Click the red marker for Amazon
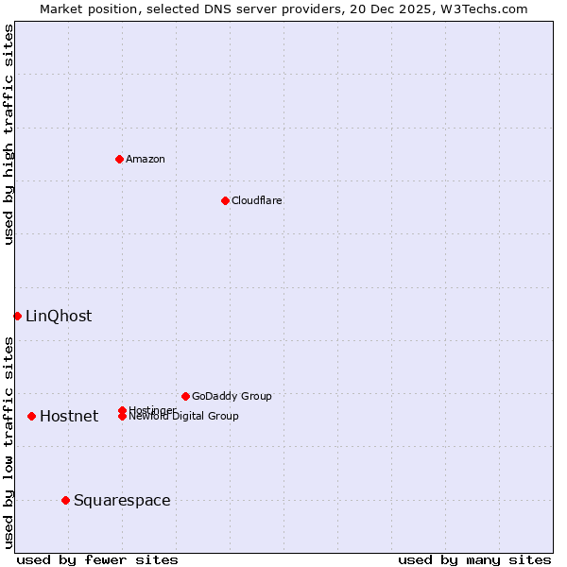pos(119,159)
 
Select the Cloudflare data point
pos(225,200)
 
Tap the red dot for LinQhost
pos(17,316)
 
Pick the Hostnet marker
pos(31,416)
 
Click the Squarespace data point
pos(65,500)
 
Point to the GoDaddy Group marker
pos(185,396)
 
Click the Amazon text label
pos(146,159)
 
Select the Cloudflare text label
pos(256,200)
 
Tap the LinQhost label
pos(59,316)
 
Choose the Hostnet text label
pos(69,416)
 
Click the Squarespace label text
pos(122,500)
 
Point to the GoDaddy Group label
pos(232,396)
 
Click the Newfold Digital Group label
pos(184,417)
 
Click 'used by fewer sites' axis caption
pos(97,559)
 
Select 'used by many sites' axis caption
pos(474,559)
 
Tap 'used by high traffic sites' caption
pos(9,134)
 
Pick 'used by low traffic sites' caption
pos(9,442)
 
